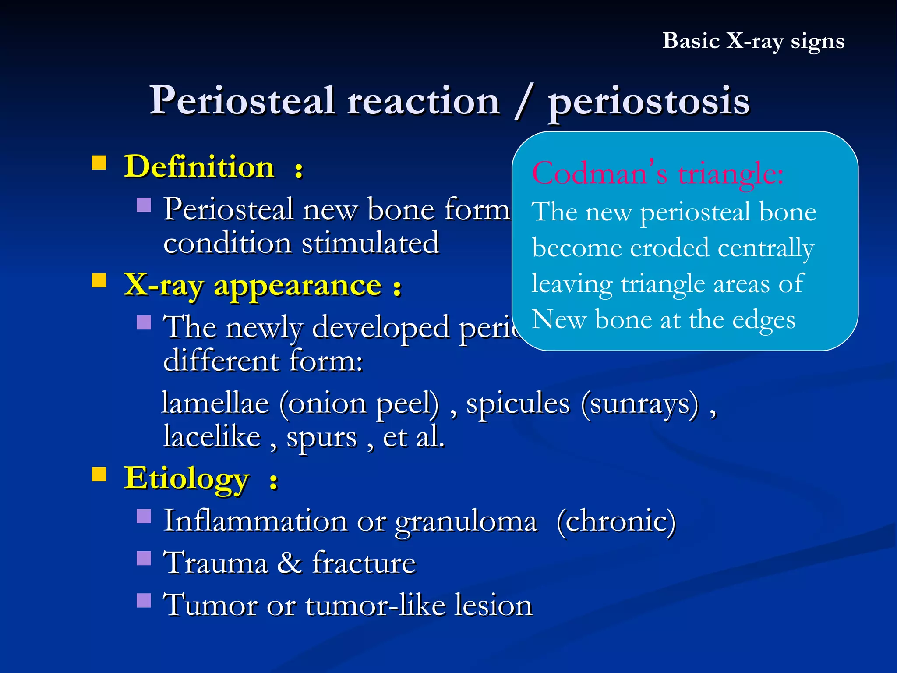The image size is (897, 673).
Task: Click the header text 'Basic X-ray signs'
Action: pyautogui.click(x=753, y=41)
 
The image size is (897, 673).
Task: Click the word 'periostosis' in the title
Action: pyautogui.click(x=649, y=102)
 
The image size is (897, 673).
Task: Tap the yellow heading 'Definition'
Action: pyautogui.click(x=199, y=167)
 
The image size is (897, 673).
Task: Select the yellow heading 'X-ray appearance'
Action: pyautogui.click(x=253, y=285)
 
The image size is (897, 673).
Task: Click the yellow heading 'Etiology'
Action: pyautogui.click(x=187, y=478)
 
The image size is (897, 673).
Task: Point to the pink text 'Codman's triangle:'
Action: pyautogui.click(x=657, y=174)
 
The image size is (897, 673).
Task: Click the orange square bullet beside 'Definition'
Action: pyautogui.click(x=99, y=163)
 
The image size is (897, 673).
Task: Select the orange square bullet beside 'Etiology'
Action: pyautogui.click(x=99, y=474)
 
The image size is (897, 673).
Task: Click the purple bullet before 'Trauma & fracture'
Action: pyautogui.click(x=144, y=558)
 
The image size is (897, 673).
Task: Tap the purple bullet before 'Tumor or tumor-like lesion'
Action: pyautogui.click(x=144, y=600)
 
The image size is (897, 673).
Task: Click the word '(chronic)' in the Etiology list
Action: pyautogui.click(x=616, y=521)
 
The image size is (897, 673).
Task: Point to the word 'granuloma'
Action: pyautogui.click(x=466, y=521)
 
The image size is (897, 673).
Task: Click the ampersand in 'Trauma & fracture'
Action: pyautogui.click(x=290, y=563)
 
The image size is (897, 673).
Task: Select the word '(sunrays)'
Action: pyautogui.click(x=639, y=403)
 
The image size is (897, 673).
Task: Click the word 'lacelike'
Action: pyautogui.click(x=212, y=437)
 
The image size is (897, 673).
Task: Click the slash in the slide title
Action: pyautogui.click(x=524, y=102)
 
